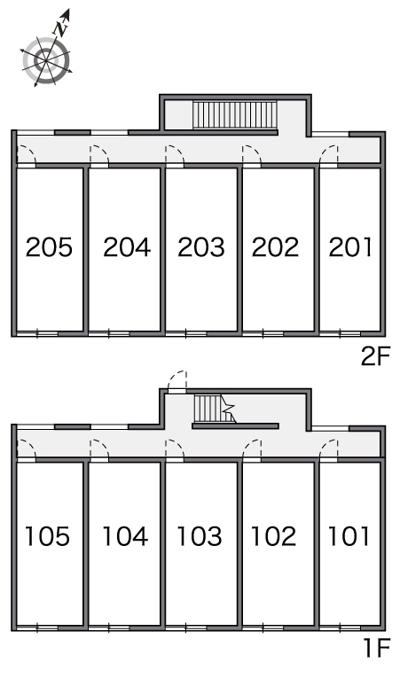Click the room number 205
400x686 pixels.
click(49, 246)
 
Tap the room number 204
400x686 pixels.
click(127, 246)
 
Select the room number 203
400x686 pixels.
click(200, 246)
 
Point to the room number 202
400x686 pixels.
click(275, 246)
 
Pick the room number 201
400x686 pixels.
click(350, 246)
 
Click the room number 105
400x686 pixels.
click(47, 536)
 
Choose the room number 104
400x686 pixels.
click(125, 536)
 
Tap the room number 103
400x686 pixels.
click(200, 536)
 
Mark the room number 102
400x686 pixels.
click(274, 536)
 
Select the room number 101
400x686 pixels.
click(349, 536)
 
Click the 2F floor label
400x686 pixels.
click(375, 357)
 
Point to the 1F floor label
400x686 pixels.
click(377, 648)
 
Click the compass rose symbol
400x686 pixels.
click(46, 60)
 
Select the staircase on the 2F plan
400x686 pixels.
click(235, 115)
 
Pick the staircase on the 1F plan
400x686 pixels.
click(215, 409)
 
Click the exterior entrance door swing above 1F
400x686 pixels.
click(177, 381)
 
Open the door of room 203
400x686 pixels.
click(175, 155)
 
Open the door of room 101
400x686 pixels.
click(329, 449)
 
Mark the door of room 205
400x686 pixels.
click(27, 155)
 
